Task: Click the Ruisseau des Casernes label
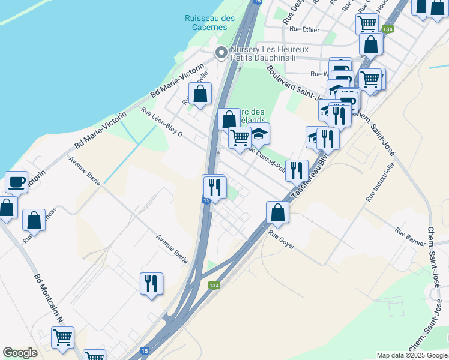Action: pyautogui.click(x=209, y=22)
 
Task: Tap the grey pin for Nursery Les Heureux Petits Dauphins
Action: pyautogui.click(x=221, y=53)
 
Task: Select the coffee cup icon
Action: pyautogui.click(x=17, y=182)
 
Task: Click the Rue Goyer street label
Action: pyautogui.click(x=282, y=241)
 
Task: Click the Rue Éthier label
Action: pyautogui.click(x=303, y=28)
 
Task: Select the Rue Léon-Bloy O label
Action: pyautogui.click(x=162, y=121)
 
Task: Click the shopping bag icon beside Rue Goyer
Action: pyautogui.click(x=277, y=212)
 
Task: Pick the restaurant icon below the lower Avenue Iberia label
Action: pyautogui.click(x=151, y=283)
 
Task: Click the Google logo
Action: pyautogui.click(x=20, y=353)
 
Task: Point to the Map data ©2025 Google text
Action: pyautogui.click(x=411, y=355)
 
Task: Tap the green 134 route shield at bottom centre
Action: pyautogui.click(x=214, y=285)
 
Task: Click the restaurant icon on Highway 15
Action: pyautogui.click(x=214, y=187)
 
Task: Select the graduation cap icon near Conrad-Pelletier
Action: pyautogui.click(x=259, y=134)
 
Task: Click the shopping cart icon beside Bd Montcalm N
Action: pyautogui.click(x=62, y=338)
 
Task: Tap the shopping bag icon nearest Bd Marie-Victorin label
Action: pyautogui.click(x=200, y=94)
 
